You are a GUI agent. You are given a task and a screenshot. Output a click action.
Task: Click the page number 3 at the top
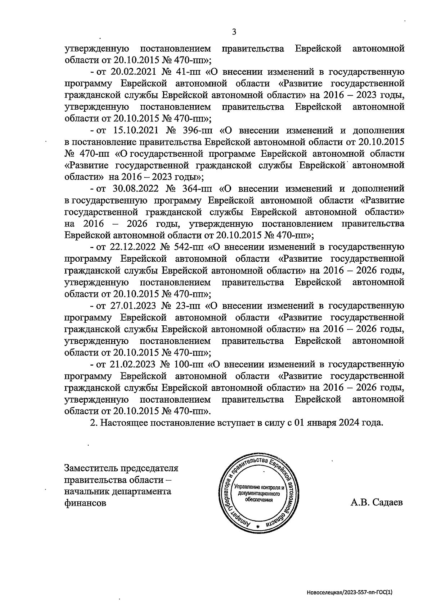tap(234, 32)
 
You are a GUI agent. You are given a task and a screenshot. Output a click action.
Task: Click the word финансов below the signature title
tap(85, 503)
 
